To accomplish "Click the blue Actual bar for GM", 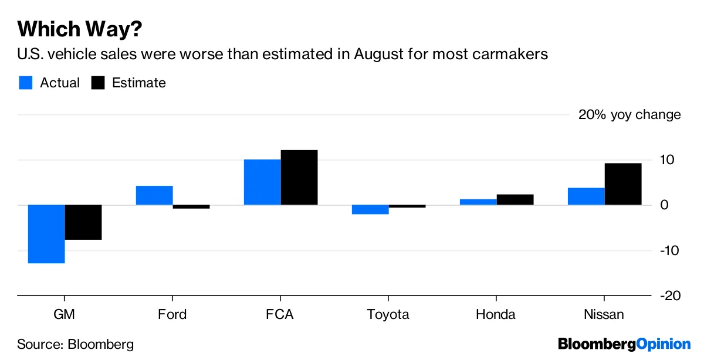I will point(46,234).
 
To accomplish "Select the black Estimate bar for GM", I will point(83,222).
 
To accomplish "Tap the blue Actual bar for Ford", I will point(154,195).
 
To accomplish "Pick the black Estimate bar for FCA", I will point(299,178).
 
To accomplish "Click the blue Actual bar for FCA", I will point(262,182).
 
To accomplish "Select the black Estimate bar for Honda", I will point(515,199).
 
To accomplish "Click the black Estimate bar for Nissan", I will point(623,184).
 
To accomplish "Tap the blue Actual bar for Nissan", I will point(586,196).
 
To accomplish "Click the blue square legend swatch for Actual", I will point(25,83).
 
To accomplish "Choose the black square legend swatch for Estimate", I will point(97,83).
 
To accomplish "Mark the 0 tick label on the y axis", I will point(665,205).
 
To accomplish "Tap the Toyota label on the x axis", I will point(388,315).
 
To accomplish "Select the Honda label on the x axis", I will point(496,315).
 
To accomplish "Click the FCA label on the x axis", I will point(280,315).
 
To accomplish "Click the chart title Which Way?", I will point(80,28).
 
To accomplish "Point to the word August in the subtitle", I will point(377,55).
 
